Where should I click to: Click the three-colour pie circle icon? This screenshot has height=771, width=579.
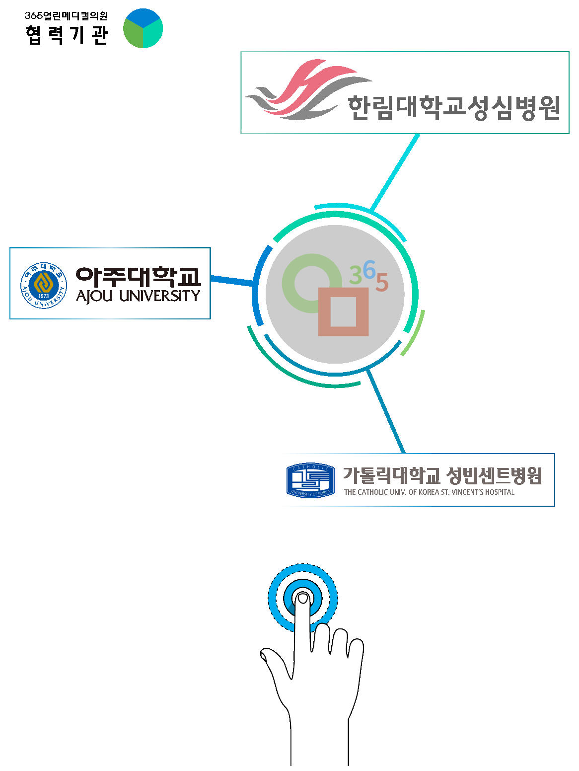click(143, 28)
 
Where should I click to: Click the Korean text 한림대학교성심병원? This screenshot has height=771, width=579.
click(454, 107)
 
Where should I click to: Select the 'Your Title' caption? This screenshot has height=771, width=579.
click(269, 135)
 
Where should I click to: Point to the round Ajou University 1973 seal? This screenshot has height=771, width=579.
click(43, 286)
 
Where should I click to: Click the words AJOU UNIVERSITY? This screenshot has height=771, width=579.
click(138, 296)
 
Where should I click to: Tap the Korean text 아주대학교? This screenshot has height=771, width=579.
click(138, 276)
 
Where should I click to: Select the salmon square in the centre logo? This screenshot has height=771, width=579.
click(343, 329)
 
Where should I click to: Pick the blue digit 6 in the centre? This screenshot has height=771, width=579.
click(369, 270)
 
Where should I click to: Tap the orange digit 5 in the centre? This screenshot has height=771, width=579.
click(381, 283)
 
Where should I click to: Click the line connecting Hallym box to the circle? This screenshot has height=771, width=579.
click(395, 172)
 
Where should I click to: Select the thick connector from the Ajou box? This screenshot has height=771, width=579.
click(231, 281)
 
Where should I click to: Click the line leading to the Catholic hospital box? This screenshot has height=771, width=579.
click(386, 412)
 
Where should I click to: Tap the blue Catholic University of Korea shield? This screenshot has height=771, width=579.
click(310, 480)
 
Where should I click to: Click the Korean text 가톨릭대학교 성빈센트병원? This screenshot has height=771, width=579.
click(442, 476)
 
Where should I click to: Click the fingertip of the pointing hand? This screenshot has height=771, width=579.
click(302, 599)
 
